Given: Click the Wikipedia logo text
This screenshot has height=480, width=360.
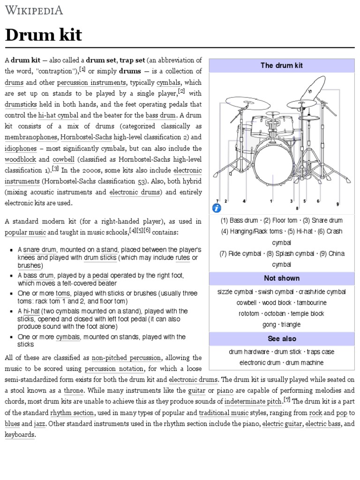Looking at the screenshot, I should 34,10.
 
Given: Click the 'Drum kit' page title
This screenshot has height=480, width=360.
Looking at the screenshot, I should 44,35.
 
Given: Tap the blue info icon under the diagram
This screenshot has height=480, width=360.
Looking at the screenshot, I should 217,208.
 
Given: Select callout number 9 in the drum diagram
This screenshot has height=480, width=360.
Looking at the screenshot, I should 337,204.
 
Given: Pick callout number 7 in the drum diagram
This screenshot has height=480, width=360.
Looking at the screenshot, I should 217,201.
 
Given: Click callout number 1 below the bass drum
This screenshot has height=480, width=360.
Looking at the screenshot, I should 271,201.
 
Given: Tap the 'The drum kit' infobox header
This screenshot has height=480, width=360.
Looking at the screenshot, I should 282,66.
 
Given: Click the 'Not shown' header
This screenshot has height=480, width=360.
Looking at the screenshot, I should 282,278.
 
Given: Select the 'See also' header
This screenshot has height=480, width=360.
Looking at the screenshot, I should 282,338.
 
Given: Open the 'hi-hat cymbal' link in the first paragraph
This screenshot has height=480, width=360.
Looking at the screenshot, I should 59,115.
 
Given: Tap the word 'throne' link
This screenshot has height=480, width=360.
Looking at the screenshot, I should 74,390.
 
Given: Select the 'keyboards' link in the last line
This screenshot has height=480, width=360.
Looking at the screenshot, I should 20,435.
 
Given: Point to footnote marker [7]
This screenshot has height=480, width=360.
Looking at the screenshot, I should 287,399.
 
